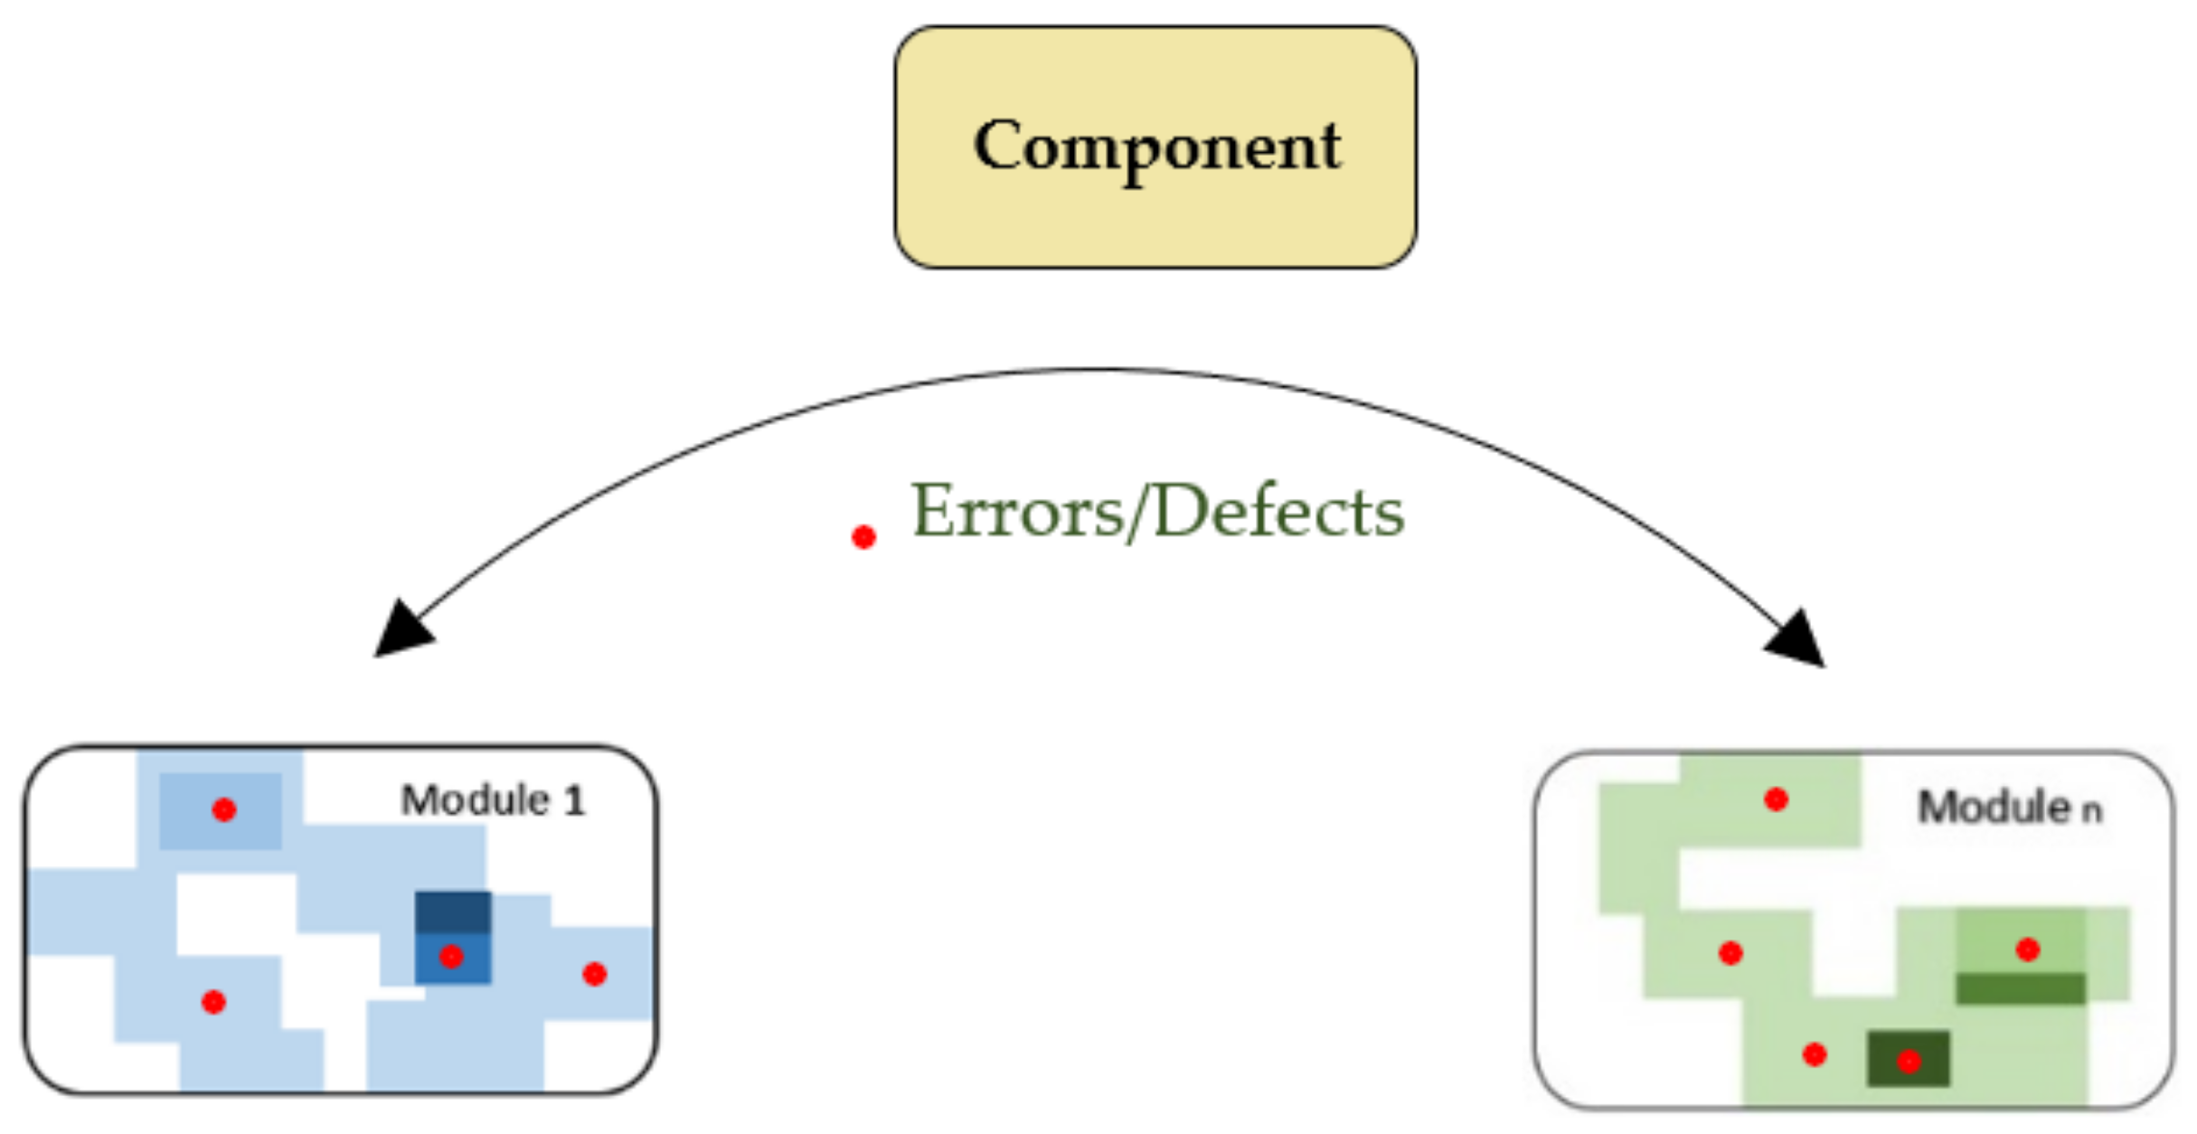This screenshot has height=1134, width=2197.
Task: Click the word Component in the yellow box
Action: point(1156,146)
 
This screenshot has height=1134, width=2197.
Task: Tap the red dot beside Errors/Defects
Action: point(863,537)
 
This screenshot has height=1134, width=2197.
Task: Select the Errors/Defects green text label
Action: point(1157,512)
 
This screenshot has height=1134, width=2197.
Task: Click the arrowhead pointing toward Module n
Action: point(1797,639)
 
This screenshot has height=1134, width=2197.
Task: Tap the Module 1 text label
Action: point(493,801)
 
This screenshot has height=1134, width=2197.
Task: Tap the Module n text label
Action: point(2009,808)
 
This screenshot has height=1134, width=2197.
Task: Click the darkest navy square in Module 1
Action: point(453,912)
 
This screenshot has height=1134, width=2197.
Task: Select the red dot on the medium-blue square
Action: point(451,956)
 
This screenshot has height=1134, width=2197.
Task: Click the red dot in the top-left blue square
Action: point(224,809)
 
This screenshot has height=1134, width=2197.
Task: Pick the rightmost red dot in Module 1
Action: point(594,974)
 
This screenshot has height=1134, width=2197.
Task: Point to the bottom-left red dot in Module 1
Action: point(213,1002)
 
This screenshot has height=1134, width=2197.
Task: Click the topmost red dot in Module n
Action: point(1776,799)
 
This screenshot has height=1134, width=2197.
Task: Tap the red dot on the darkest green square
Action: point(1908,1061)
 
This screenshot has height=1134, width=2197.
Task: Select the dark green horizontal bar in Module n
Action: point(2020,988)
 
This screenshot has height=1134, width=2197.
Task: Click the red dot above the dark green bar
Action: point(2027,949)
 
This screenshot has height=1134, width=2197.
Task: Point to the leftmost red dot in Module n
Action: point(1730,952)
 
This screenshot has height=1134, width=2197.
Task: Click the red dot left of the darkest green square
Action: point(1814,1054)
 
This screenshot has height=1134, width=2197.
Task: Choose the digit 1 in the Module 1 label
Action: point(574,801)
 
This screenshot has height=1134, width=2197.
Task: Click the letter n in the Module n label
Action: point(2091,811)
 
